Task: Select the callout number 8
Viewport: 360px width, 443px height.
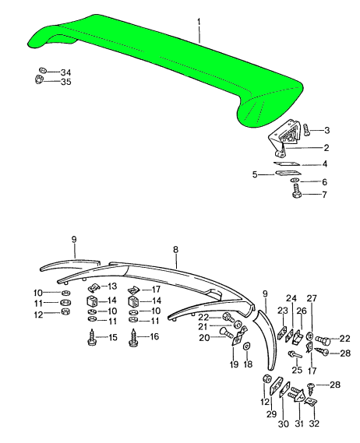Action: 176,249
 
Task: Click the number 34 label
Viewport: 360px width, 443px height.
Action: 65,71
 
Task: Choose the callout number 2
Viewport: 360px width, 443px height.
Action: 326,147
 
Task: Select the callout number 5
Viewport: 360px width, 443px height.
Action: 255,175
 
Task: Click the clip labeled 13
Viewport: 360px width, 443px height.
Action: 90,288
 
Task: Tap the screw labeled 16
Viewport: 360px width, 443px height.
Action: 133,338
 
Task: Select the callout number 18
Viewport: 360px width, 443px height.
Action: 248,364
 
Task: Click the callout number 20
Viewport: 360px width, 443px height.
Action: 203,337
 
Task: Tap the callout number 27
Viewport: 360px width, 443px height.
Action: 312,298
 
